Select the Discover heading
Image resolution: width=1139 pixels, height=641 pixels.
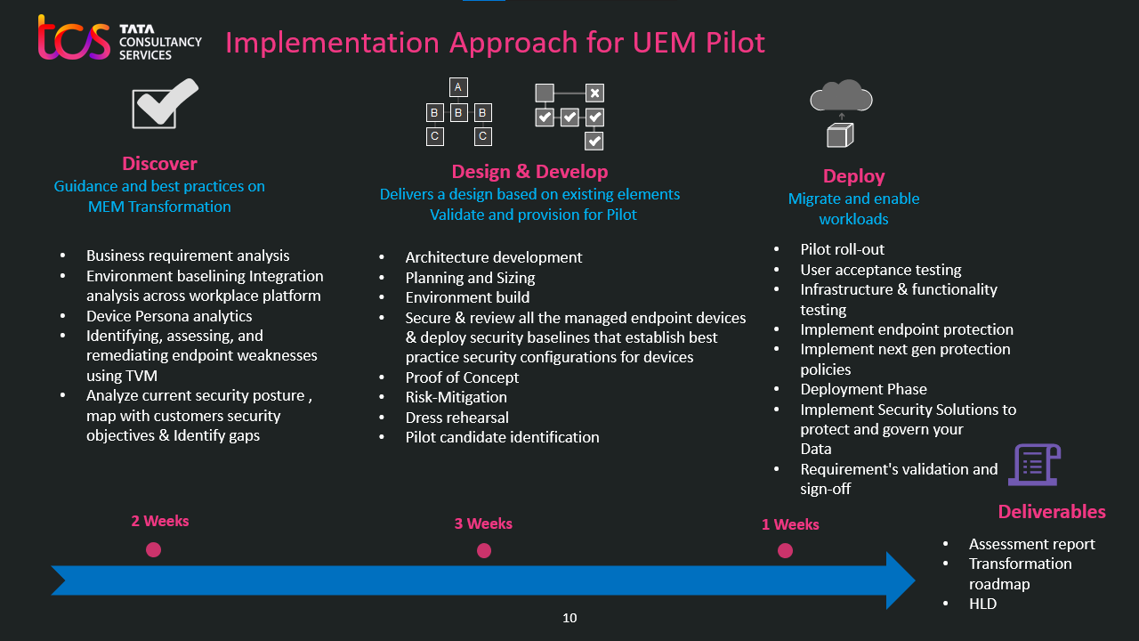click(x=159, y=164)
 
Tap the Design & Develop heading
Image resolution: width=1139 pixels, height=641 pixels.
click(x=529, y=172)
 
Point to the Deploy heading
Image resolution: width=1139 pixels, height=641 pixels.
click(x=853, y=176)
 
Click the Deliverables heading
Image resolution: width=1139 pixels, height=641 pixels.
click(x=1052, y=512)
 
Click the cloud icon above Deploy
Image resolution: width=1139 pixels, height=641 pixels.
click(x=841, y=95)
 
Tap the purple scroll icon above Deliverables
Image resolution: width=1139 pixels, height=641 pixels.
click(x=1033, y=465)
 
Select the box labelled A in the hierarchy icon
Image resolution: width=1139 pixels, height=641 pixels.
click(x=458, y=87)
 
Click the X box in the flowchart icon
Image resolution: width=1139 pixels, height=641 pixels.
click(x=595, y=93)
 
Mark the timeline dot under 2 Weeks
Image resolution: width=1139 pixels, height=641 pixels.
click(x=154, y=550)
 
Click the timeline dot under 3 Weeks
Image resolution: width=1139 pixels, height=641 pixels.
click(x=484, y=551)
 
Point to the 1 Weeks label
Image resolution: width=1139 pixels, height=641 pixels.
click(x=790, y=524)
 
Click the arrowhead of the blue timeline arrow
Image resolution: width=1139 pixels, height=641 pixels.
click(x=900, y=580)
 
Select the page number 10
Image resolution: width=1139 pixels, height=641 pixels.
click(x=569, y=618)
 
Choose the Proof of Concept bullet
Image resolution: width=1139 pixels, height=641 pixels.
click(x=462, y=377)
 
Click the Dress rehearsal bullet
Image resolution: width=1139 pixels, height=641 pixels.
click(x=457, y=418)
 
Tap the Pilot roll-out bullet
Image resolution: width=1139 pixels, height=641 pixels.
click(x=842, y=249)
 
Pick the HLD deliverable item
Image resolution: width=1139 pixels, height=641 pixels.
click(x=982, y=604)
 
